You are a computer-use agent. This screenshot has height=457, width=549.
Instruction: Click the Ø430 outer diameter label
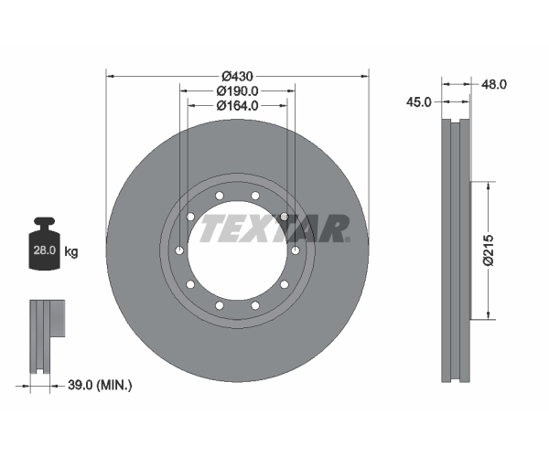coord(237,76)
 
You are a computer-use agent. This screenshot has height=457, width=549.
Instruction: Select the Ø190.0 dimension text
coord(237,90)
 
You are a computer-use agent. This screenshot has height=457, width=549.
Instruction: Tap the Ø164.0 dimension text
coord(237,105)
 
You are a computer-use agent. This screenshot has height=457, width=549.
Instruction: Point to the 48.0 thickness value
coord(494,84)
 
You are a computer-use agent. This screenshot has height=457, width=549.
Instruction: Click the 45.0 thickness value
coord(419,102)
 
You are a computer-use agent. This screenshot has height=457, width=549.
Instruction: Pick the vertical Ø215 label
coord(489,250)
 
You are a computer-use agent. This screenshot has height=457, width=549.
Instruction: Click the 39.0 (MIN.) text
coord(100,386)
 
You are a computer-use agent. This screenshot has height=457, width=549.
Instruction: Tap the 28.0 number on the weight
coord(45,250)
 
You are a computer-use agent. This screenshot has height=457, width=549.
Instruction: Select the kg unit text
coord(71,251)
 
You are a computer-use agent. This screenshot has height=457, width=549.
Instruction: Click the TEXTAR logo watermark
coord(274,228)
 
